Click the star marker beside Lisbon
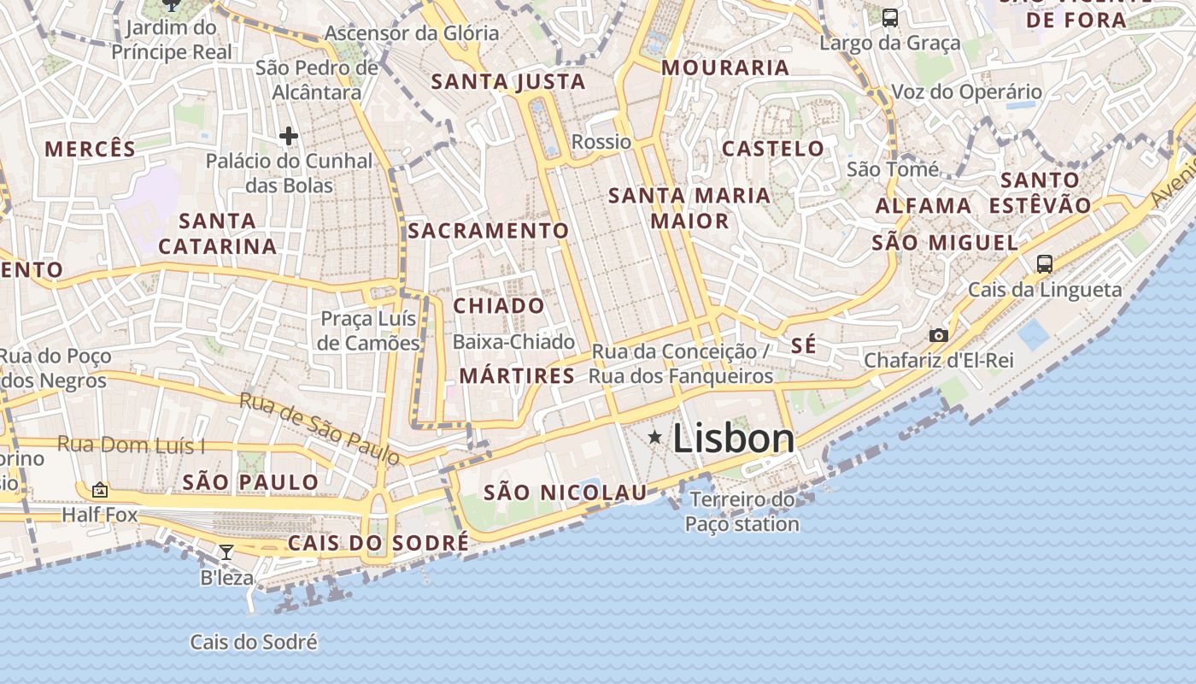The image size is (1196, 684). click(x=655, y=438)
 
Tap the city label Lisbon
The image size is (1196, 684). click(x=734, y=439)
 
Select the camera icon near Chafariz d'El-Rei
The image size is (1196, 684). click(x=938, y=335)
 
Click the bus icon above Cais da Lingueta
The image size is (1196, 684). click(x=1044, y=263)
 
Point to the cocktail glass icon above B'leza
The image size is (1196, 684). click(x=226, y=552)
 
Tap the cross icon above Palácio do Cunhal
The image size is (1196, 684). click(x=289, y=135)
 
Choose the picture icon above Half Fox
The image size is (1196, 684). click(x=100, y=490)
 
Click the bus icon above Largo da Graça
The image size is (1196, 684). click(x=890, y=17)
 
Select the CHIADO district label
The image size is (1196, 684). click(x=499, y=305)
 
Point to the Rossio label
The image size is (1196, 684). click(x=601, y=141)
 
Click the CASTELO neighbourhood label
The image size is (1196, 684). click(x=773, y=148)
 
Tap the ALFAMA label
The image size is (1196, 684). click(x=923, y=205)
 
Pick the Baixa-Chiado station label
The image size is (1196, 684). click(x=513, y=342)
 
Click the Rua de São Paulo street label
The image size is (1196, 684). click(x=320, y=428)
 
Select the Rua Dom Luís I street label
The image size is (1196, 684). click(x=131, y=445)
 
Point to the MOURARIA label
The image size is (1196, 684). click(x=725, y=67)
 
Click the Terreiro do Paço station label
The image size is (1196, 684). click(x=742, y=511)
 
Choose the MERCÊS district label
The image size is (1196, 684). click(x=91, y=149)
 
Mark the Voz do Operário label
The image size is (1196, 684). click(x=966, y=91)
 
